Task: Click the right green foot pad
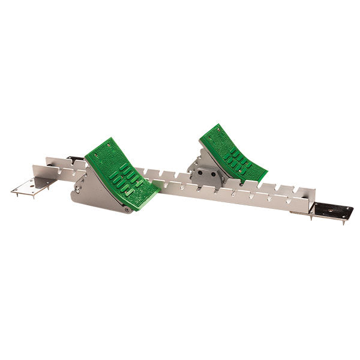coord(232,153)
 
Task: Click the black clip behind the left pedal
coord(75,159)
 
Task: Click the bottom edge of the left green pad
coord(144,201)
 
